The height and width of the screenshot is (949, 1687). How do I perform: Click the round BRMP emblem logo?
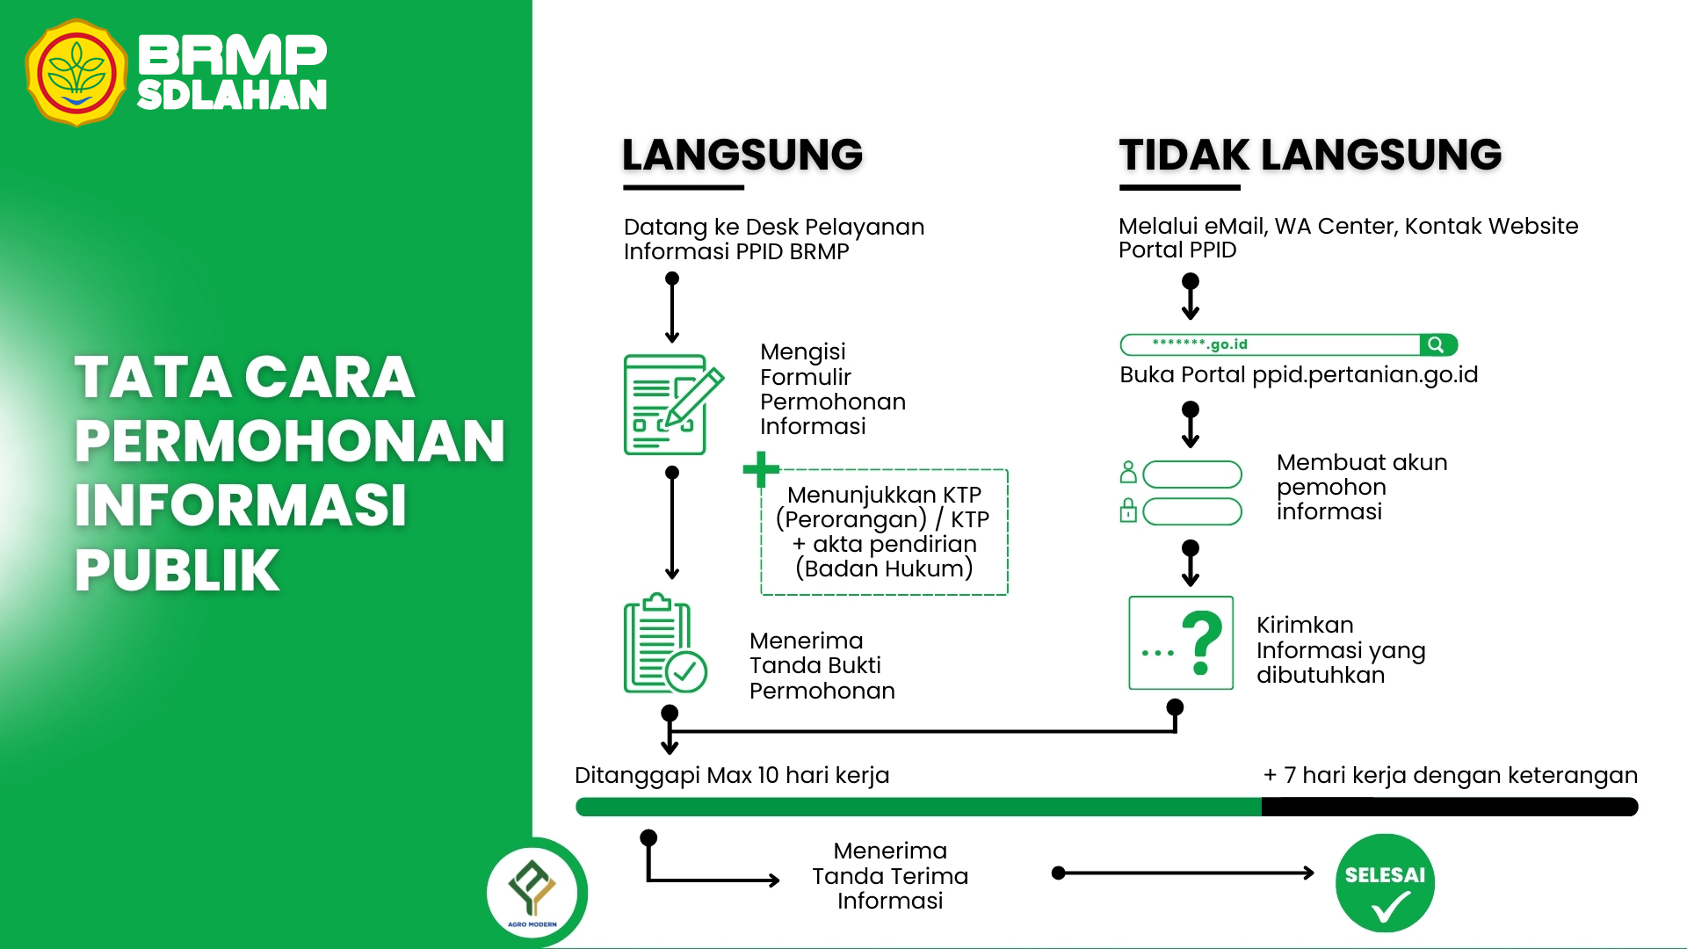coord(76,74)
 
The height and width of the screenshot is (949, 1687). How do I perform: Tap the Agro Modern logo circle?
coord(532,892)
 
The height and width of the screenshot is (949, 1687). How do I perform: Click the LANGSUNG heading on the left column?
coord(742,156)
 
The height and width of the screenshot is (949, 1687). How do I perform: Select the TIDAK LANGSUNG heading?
coord(1310,156)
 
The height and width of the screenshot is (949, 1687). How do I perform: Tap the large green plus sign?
coord(761,469)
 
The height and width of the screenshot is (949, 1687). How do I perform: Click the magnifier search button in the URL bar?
coord(1437,344)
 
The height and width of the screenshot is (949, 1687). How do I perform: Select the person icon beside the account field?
coord(1129,473)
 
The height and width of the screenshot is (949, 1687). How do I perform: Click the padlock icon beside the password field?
coord(1129,511)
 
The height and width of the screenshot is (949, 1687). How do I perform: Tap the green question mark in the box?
coord(1202,642)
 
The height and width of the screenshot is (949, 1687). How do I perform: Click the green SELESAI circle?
coord(1385,882)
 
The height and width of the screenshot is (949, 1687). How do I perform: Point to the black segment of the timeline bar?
coord(1449,807)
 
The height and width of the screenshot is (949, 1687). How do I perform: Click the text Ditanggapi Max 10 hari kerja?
coord(732,775)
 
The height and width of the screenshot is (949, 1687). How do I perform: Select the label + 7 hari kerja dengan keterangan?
coord(1450,775)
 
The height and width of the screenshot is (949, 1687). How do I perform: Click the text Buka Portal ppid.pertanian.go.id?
coord(1299,374)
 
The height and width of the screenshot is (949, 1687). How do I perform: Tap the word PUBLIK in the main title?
coord(177,570)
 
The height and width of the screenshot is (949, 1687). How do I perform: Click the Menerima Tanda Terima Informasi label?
coord(890,875)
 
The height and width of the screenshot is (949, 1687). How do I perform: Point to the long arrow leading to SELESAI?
coord(1186,873)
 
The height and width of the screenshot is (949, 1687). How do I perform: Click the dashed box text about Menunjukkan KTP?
coord(884,532)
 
